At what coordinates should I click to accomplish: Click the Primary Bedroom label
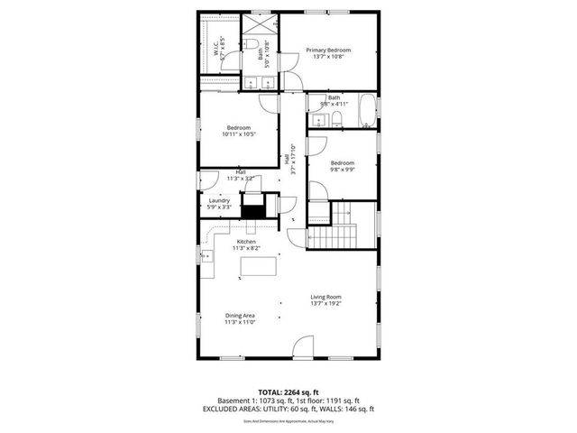(x=327, y=50)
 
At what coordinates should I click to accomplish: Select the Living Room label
(x=326, y=297)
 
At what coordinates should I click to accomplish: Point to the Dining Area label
(x=240, y=316)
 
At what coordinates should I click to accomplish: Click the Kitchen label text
(x=246, y=243)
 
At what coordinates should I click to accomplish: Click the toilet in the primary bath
(x=254, y=45)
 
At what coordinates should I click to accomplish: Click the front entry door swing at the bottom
(x=305, y=347)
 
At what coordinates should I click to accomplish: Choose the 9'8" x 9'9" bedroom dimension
(x=342, y=169)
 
